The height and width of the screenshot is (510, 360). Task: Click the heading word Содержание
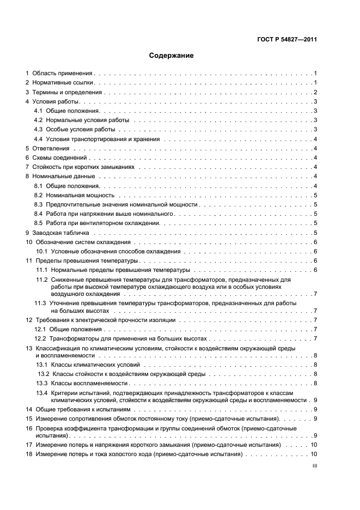click(172, 56)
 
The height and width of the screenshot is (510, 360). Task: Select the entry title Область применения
click(63, 73)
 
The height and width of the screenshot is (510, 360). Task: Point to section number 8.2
click(38, 195)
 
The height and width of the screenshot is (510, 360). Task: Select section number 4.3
click(38, 130)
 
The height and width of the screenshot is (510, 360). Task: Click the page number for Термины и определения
click(315, 93)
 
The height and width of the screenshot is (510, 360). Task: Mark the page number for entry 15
click(315, 418)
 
